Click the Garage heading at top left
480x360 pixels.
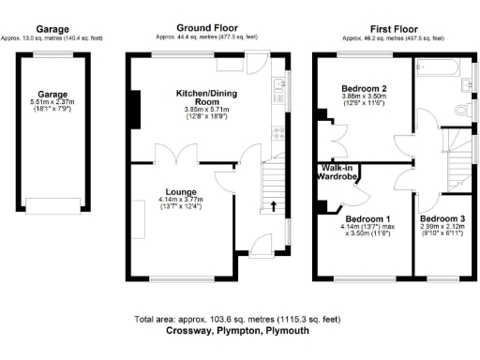click(52, 29)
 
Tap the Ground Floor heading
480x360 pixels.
click(206, 29)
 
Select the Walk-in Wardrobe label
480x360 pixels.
click(335, 177)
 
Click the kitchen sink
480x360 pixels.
click(279, 88)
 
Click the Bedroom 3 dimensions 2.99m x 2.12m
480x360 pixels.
click(440, 226)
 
